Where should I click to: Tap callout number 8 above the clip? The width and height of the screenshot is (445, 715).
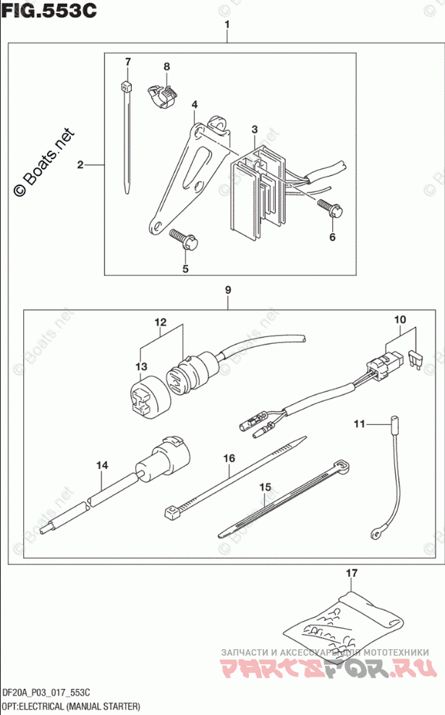pyautogui.click(x=166, y=67)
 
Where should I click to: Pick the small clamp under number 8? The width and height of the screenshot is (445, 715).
pyautogui.click(x=163, y=95)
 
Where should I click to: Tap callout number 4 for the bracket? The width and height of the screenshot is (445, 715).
pyautogui.click(x=195, y=106)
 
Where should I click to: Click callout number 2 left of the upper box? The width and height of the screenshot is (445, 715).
pyautogui.click(x=81, y=166)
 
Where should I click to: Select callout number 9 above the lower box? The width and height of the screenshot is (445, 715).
pyautogui.click(x=227, y=291)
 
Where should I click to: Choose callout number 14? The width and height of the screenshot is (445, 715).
pyautogui.click(x=103, y=467)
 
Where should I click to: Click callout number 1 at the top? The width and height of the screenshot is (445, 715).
pyautogui.click(x=226, y=26)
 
